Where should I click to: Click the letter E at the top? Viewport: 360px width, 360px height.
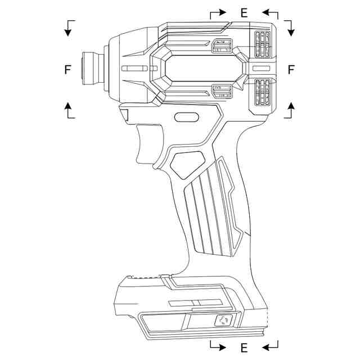click(x=244, y=13)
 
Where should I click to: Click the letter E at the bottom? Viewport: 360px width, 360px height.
click(x=244, y=348)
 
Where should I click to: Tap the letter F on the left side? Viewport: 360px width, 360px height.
click(x=68, y=70)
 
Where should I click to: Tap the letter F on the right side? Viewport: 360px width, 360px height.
click(x=291, y=70)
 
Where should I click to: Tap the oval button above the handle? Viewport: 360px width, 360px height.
click(x=187, y=118)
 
